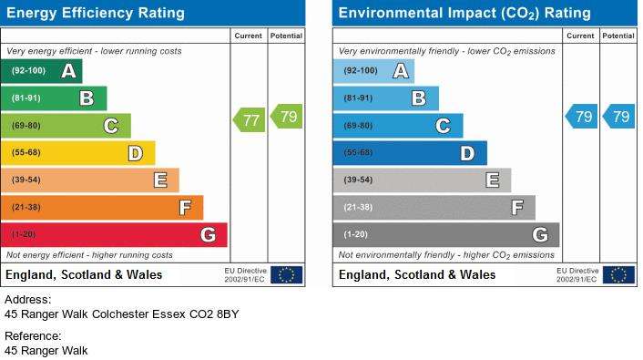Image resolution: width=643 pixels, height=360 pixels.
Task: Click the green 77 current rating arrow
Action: [x=249, y=120]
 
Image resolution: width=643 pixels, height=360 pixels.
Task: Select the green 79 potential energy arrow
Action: [x=286, y=116]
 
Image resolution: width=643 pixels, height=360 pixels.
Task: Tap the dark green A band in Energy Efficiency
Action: [x=41, y=71]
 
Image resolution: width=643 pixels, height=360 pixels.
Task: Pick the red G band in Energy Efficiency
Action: [x=114, y=235]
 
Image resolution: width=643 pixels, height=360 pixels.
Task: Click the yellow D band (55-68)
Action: [x=78, y=153]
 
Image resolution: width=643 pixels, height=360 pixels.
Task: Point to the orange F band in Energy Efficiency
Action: [x=102, y=207]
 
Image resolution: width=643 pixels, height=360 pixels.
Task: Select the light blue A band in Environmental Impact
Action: [x=373, y=71]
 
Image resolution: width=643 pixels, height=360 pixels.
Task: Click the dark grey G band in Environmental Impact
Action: [x=446, y=235]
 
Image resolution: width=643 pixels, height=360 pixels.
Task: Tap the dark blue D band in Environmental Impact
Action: [x=410, y=153]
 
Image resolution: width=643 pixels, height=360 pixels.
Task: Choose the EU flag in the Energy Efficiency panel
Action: [x=287, y=275]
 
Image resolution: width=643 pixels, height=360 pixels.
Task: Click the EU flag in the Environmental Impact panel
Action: [x=618, y=275]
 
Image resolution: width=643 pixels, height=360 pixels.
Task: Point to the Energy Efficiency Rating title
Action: [x=96, y=13]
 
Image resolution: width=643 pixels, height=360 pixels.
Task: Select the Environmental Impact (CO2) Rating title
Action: [x=464, y=13]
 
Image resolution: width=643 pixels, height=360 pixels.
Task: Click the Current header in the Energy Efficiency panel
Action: [x=248, y=36]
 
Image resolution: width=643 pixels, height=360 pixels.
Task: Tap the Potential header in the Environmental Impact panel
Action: [x=618, y=36]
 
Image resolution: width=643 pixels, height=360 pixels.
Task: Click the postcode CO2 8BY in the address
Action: [x=214, y=314]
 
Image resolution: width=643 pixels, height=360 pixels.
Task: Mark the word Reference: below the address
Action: [x=33, y=336]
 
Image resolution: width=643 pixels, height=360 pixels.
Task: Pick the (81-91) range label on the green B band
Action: [x=26, y=98]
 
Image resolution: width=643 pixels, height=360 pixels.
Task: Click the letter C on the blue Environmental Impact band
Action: [x=443, y=126]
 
